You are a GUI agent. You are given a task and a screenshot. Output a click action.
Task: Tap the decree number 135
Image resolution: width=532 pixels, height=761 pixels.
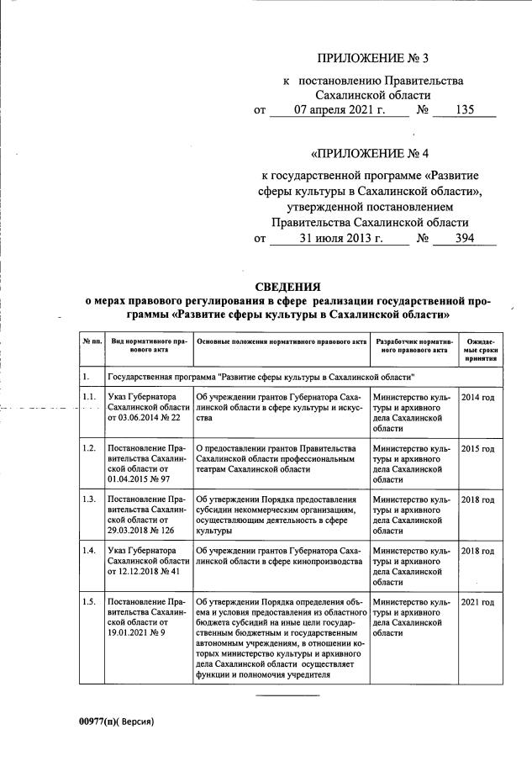464,110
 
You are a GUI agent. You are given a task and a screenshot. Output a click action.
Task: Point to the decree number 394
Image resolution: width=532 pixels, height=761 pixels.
464,239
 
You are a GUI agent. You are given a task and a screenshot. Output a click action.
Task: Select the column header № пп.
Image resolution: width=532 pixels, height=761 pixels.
92,343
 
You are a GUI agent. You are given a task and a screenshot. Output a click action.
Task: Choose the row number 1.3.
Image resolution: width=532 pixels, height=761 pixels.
88,500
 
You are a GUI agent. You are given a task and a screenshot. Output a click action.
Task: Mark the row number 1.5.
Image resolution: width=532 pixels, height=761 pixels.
88,603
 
